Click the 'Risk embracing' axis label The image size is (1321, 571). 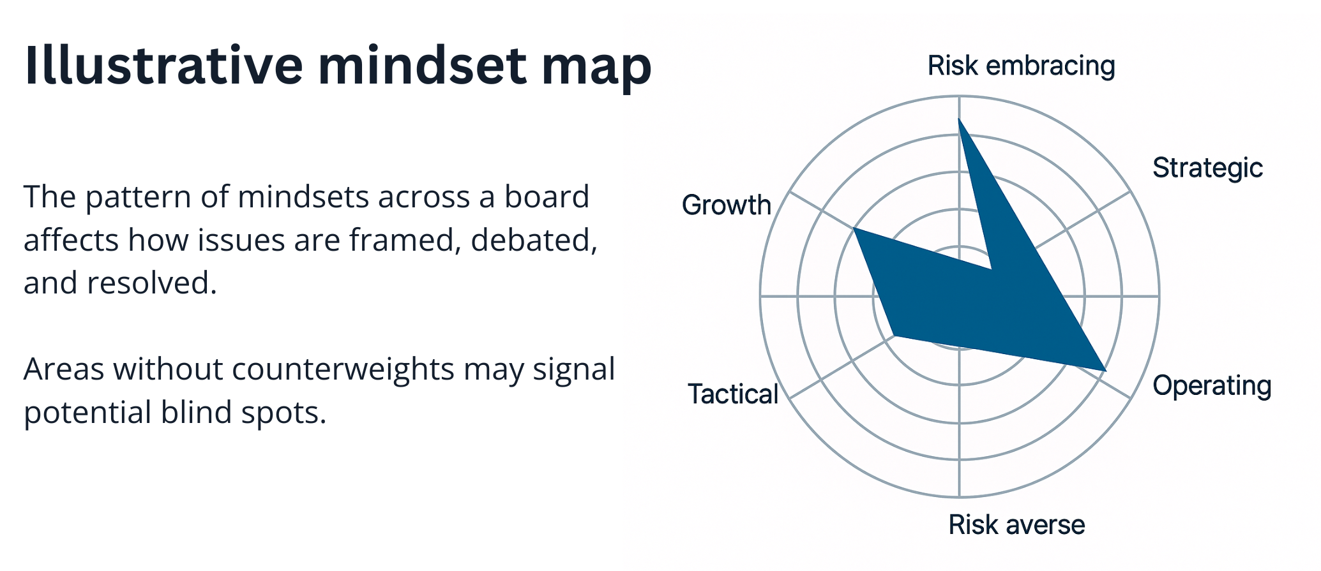1021,66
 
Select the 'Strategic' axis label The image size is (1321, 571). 1207,168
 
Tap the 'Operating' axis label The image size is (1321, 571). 1212,386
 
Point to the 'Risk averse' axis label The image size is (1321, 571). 1016,525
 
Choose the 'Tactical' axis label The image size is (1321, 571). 733,394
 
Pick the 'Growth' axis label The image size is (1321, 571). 727,205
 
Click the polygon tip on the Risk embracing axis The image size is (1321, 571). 959,119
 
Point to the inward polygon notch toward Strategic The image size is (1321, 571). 992,269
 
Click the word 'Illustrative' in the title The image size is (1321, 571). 163,66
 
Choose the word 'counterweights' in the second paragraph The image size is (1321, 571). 343,369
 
